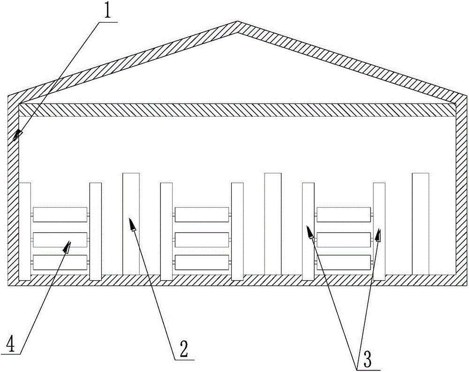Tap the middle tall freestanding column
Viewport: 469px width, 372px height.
[272, 223]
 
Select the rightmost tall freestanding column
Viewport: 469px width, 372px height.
[420, 223]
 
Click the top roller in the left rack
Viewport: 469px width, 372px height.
[60, 215]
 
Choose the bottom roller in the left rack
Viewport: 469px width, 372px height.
[60, 262]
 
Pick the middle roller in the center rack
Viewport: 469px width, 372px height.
[202, 239]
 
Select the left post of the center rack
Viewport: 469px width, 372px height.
[166, 231]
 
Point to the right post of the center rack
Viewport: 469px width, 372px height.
[237, 231]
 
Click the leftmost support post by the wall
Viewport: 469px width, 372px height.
[25, 231]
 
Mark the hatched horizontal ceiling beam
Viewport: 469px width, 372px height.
[237, 110]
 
